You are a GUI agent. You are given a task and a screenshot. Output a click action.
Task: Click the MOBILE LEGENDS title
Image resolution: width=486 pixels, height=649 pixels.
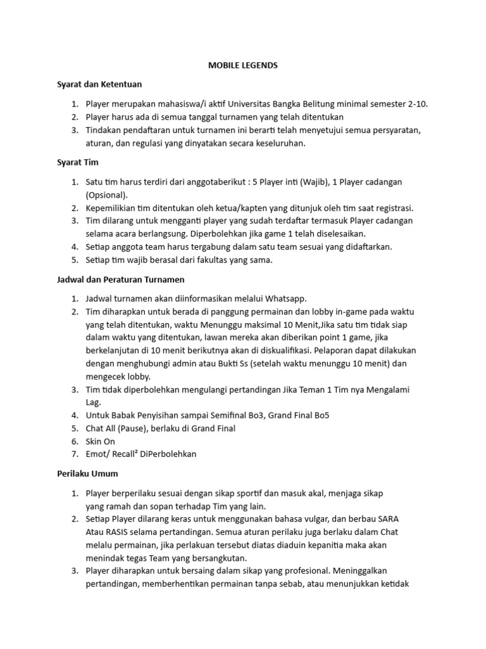click(243, 65)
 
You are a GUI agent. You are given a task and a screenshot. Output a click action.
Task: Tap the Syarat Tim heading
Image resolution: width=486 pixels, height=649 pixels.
click(74, 163)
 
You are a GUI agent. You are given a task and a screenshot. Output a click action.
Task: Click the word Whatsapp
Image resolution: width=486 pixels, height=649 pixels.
click(287, 299)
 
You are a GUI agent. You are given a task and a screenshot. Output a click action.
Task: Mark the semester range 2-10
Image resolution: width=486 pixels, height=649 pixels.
click(415, 104)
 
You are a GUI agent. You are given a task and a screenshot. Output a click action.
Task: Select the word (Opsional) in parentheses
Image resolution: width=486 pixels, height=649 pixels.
click(107, 195)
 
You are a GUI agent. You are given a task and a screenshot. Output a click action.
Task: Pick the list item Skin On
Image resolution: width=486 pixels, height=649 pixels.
click(101, 441)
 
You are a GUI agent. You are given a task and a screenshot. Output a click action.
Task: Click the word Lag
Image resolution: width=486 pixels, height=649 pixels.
click(94, 402)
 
